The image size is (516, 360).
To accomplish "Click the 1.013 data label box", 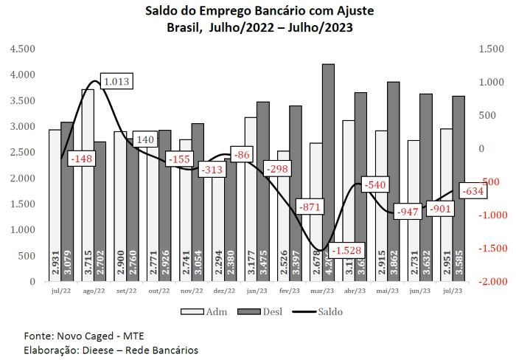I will [x=116, y=81].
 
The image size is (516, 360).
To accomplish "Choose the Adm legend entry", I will [x=208, y=311].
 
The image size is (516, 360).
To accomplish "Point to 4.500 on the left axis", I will [x=22, y=49].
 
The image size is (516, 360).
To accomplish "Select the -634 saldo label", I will [x=473, y=193].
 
